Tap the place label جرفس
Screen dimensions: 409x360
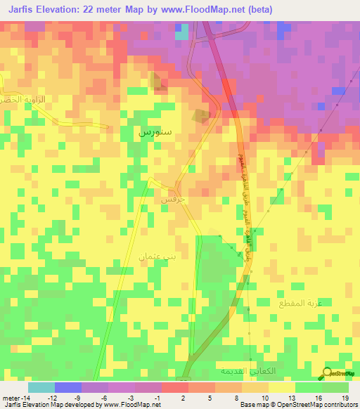172,200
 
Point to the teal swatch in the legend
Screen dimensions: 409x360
41,387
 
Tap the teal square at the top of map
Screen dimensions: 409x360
182,32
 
